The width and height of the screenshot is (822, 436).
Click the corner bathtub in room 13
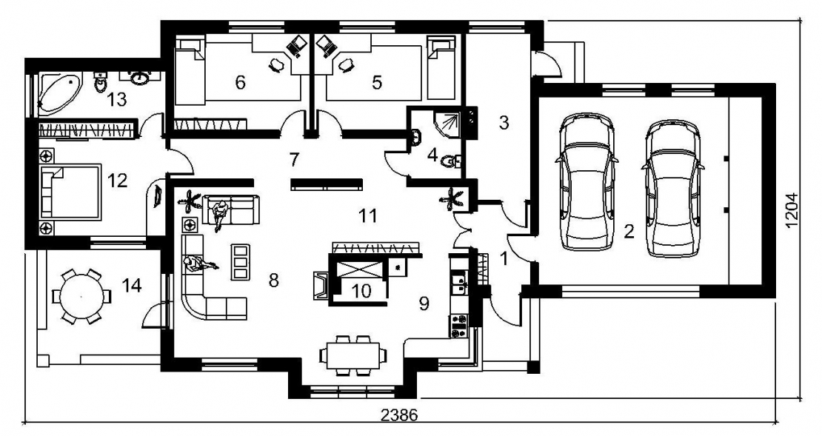point(59,93)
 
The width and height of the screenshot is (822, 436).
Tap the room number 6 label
point(240,82)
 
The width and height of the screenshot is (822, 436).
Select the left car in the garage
point(587,182)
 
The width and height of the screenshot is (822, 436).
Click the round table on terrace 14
point(81,297)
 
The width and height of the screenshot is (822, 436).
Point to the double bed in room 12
point(70,192)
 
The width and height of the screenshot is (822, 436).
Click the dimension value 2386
point(399,415)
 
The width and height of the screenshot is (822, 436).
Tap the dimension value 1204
point(792,210)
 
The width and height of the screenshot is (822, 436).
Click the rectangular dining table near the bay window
point(352,355)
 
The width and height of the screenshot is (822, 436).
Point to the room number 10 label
point(361,291)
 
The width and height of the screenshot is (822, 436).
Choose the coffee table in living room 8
point(240,261)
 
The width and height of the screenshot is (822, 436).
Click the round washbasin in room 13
point(139,78)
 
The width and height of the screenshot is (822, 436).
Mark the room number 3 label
point(504,123)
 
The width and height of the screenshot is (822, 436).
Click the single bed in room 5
point(441,67)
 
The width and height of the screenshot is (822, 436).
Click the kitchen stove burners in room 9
point(458,325)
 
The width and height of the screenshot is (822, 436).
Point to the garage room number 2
point(629,231)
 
